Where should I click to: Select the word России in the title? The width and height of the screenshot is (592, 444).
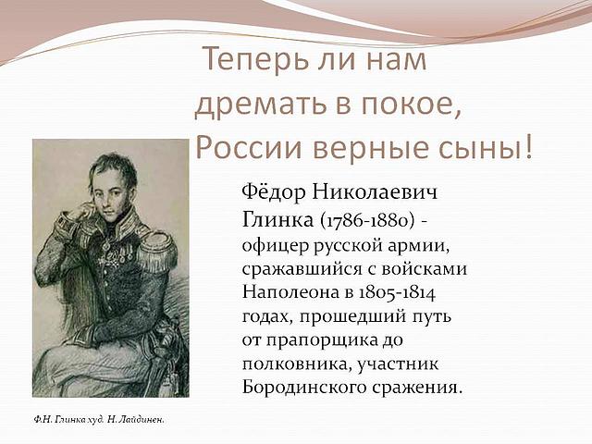pos(249,146)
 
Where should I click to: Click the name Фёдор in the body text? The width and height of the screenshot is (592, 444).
pos(274,192)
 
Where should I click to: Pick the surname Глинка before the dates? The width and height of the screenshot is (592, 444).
pos(277,220)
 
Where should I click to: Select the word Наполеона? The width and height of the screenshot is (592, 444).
pos(290,292)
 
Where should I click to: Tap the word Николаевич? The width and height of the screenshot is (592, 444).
pos(375,192)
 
